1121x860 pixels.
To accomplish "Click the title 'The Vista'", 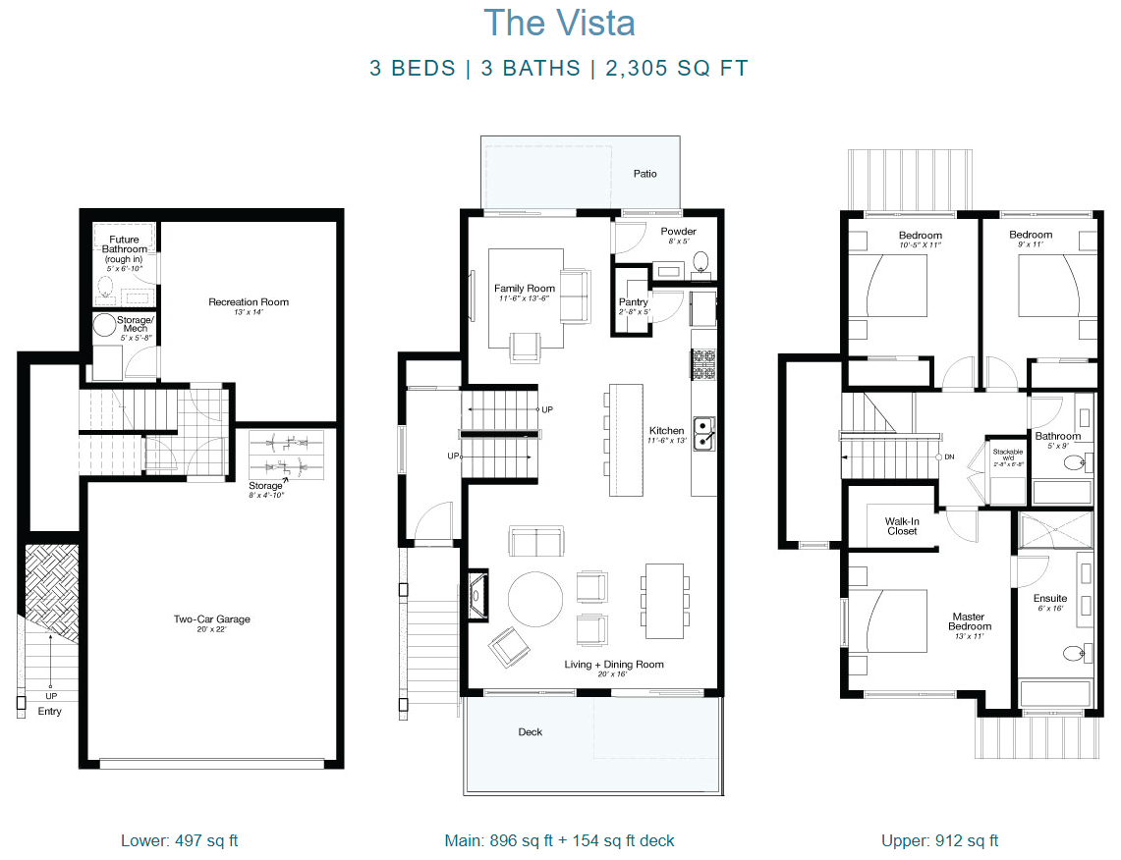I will click(x=559, y=24).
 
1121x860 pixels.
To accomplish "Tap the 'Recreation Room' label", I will click(x=249, y=302).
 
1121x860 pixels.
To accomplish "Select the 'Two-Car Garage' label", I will click(x=212, y=619).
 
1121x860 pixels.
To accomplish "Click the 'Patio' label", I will click(x=645, y=174).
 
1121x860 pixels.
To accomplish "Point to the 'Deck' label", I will click(x=530, y=731).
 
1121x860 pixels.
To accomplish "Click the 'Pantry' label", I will click(x=633, y=302).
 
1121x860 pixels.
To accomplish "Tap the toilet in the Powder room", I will click(x=701, y=261).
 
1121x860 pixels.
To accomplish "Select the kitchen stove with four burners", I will click(x=704, y=365).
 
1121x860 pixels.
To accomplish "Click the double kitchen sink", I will click(x=704, y=433).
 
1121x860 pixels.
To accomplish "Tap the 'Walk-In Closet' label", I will click(x=901, y=526).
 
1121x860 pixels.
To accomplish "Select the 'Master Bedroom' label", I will click(x=970, y=622).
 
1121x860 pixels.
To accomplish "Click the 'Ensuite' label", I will click(x=1049, y=598).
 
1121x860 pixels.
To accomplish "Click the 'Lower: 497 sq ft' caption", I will click(x=179, y=840).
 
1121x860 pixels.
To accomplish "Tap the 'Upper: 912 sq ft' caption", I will click(x=939, y=840).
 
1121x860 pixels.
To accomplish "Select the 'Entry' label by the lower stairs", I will click(x=49, y=711).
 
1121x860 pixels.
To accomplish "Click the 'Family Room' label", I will click(x=525, y=289).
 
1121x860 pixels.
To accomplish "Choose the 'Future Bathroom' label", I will click(x=124, y=245).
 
